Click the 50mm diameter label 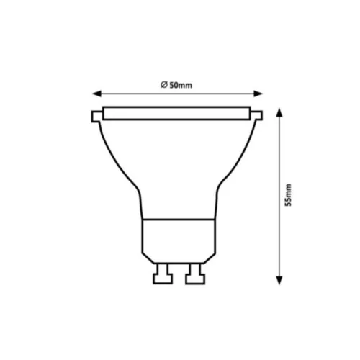pos(176,85)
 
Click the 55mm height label pos(288,195)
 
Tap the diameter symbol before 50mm pos(164,85)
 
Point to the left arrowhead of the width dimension pos(97,94)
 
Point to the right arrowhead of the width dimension pos(258,94)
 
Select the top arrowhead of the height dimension pos(279,112)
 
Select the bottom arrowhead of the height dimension pos(279,280)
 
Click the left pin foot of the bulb pos(163,279)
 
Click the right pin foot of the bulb pos(195,279)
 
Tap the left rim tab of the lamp pos(96,117)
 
